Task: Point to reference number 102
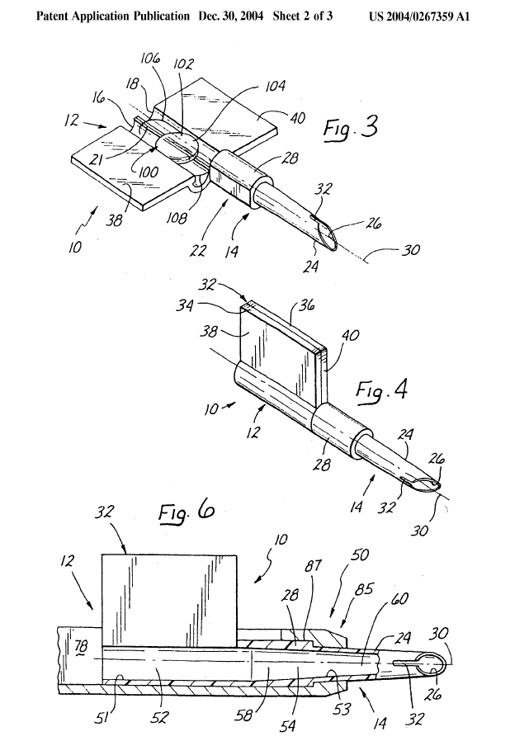tap(183, 64)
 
